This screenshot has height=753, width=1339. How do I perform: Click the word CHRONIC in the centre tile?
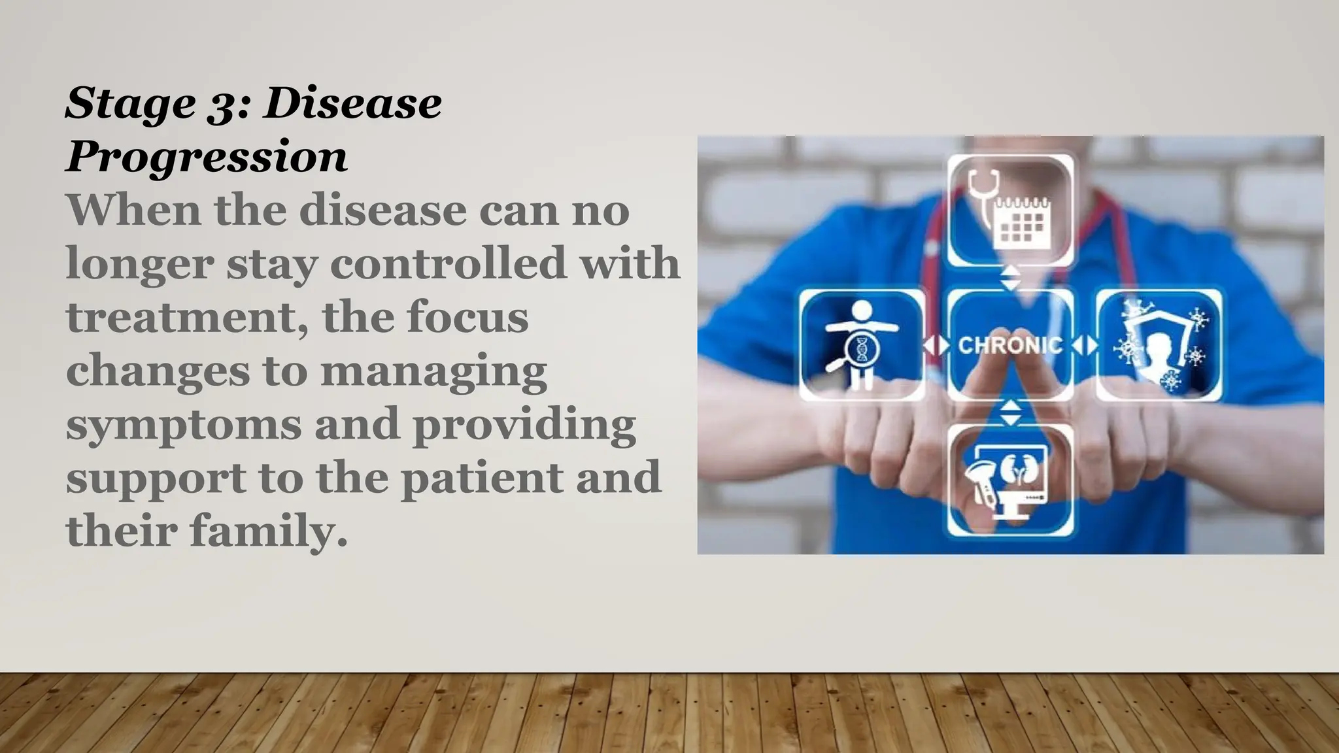coord(1010,344)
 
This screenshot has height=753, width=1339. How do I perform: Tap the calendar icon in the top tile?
coord(1022,223)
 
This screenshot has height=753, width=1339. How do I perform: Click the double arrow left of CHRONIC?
coord(936,345)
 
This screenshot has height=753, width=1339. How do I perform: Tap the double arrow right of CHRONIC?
coord(1085,345)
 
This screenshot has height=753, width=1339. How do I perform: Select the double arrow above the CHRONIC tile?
coord(1011,278)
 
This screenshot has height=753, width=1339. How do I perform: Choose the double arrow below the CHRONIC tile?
coord(1011,412)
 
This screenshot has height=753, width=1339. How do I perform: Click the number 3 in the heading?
coord(224,105)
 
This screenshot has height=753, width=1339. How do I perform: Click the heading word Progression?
coord(207,157)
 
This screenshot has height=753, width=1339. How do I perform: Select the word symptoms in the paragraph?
coord(184,425)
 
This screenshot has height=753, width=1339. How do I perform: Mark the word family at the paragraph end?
coord(268,531)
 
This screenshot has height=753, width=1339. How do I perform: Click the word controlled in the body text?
coord(449,263)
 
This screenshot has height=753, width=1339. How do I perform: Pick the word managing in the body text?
coord(433,371)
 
